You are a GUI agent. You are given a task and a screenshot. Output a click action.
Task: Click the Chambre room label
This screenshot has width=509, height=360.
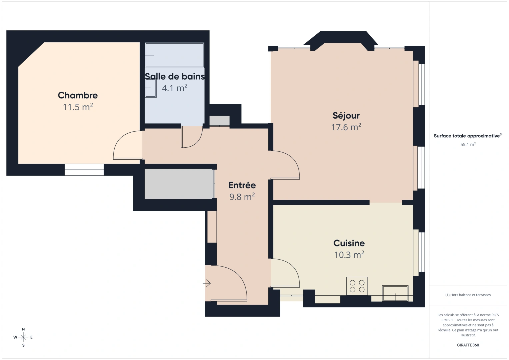[78, 95]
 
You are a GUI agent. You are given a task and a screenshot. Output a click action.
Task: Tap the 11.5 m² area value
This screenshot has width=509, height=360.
[78, 107]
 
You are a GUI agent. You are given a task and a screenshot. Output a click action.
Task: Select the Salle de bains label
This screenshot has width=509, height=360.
[175, 77]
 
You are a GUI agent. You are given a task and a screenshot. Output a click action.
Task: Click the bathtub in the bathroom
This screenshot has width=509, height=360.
[174, 55]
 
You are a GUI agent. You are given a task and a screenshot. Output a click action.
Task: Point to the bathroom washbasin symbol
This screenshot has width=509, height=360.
[151, 88]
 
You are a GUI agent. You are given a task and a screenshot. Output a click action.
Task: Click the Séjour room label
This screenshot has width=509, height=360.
[346, 116]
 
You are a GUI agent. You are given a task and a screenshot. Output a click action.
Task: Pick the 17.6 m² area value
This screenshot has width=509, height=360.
[346, 127]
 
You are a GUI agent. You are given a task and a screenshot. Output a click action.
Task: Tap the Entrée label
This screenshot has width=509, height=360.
[242, 185]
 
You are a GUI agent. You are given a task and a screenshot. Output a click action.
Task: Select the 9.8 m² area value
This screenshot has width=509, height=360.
[242, 197]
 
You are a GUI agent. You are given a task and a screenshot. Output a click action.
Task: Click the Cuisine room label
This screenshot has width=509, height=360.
[349, 243]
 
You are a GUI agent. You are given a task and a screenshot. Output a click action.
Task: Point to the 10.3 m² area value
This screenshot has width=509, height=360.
[349, 255]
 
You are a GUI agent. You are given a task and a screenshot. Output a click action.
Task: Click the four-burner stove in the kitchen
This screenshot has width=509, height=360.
[357, 286]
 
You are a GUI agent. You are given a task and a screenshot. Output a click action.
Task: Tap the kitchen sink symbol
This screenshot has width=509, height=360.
[395, 293]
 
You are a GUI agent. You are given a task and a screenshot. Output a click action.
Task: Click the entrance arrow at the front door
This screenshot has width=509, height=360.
[207, 284]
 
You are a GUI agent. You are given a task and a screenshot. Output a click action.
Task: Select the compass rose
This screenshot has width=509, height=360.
[23, 337]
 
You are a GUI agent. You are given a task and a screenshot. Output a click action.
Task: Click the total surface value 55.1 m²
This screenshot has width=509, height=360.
[468, 145]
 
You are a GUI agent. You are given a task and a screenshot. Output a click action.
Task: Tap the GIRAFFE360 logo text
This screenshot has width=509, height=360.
[468, 345]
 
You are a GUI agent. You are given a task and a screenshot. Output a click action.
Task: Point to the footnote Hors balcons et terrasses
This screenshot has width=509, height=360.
[468, 295]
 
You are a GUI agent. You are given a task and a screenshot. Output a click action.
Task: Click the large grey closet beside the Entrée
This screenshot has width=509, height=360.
[179, 184]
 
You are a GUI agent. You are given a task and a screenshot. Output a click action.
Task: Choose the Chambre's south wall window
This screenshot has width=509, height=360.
[84, 170]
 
